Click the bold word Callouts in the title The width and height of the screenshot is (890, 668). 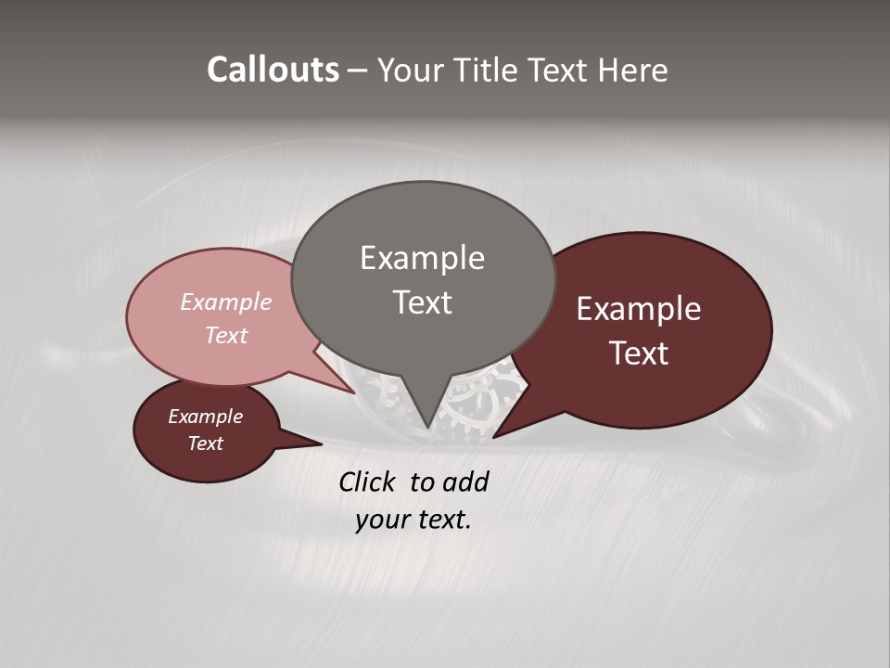tap(273, 70)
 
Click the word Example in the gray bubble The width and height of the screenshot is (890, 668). tap(422, 257)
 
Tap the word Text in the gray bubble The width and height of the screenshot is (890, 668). tap(422, 302)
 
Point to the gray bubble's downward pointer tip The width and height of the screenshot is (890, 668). tap(427, 428)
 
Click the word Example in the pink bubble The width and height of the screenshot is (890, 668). tap(226, 302)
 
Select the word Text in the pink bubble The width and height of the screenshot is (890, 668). tap(226, 335)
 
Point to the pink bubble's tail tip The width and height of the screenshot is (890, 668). tap(355, 392)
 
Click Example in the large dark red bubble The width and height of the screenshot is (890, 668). tap(639, 308)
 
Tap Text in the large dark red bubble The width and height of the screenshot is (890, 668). tap(639, 353)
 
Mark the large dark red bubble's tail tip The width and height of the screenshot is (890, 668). tap(493, 437)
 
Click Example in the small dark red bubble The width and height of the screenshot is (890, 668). tap(205, 417)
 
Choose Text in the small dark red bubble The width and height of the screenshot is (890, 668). tap(205, 443)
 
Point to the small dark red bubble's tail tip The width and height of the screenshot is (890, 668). tap(321, 444)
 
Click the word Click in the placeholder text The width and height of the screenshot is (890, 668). tap(367, 482)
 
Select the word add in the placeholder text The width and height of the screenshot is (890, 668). tap(465, 482)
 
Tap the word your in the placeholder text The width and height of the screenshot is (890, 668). tap(380, 520)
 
